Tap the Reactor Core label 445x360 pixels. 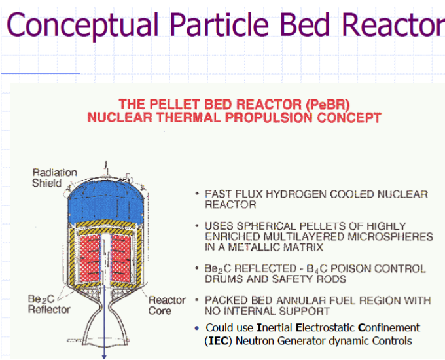click(x=167, y=305)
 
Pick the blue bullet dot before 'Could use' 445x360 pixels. click(x=197, y=328)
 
